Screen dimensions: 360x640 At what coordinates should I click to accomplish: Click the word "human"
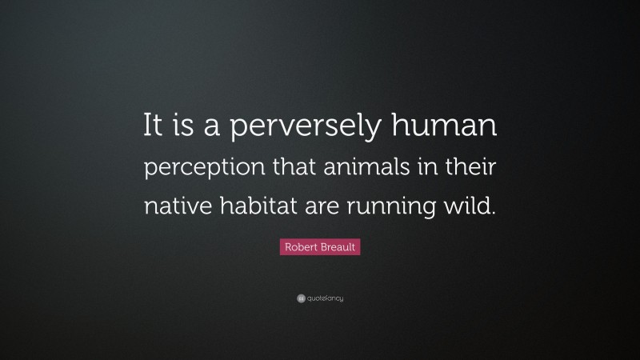pos(451,126)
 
